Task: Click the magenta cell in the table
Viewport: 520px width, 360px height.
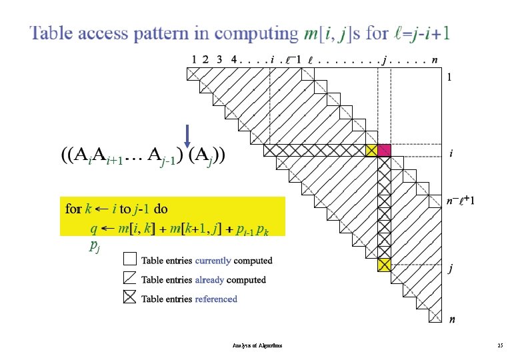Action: pos(384,151)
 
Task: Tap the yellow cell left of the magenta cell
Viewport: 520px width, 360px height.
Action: pos(372,151)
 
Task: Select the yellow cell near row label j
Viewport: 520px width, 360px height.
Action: pos(384,265)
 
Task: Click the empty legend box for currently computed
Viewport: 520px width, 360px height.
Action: pos(131,259)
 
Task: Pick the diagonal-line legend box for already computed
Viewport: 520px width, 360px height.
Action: pos(131,279)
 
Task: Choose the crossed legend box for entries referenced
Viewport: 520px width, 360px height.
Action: pos(131,298)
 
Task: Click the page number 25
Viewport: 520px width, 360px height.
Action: pos(500,346)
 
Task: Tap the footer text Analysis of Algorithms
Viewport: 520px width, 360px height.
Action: pos(257,346)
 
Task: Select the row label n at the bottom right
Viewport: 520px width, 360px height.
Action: pos(452,319)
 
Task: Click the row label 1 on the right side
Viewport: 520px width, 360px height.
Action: pos(451,77)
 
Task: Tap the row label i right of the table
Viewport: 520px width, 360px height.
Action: pos(451,154)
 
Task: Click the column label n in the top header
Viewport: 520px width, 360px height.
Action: pos(435,59)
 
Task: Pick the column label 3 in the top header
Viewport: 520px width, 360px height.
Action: pos(219,59)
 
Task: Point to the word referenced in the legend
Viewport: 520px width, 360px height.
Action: pos(216,299)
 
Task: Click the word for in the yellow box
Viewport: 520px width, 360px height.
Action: pos(73,209)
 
